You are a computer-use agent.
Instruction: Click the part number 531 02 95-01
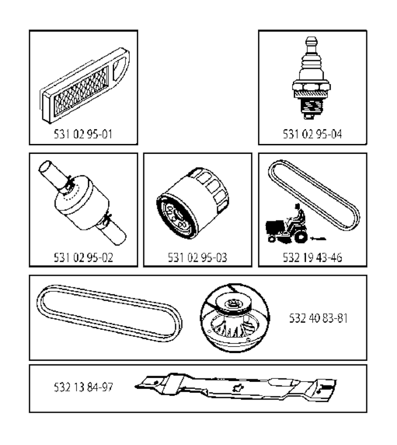click(83, 134)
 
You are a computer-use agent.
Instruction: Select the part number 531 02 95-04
click(312, 134)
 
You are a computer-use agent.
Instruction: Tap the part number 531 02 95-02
click(83, 257)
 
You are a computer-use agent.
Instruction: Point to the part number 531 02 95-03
click(197, 257)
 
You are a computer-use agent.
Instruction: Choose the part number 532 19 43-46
click(312, 257)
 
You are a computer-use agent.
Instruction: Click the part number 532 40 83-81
click(318, 318)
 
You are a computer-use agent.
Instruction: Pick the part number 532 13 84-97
click(83, 387)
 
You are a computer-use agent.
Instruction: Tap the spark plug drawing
click(311, 78)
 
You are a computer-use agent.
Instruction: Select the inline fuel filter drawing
click(82, 203)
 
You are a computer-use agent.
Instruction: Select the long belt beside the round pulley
click(110, 313)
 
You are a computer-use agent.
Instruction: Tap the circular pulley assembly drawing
click(235, 318)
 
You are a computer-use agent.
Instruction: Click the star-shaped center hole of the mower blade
click(236, 388)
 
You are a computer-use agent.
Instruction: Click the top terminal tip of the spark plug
click(311, 39)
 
